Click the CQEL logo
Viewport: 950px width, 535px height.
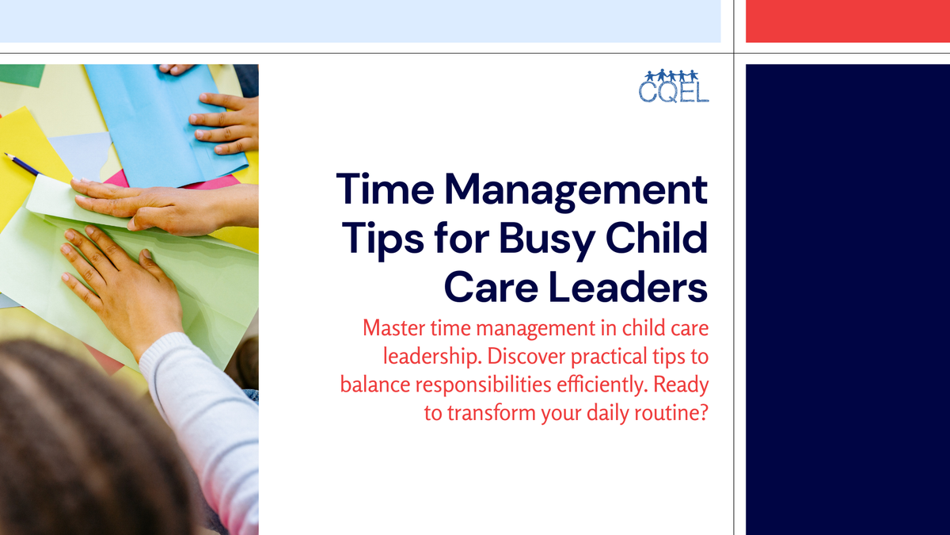[x=674, y=86]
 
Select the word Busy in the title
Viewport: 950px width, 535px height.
[x=546, y=239]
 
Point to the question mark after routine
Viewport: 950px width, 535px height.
[x=703, y=414]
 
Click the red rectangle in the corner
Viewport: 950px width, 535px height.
[x=848, y=21]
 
